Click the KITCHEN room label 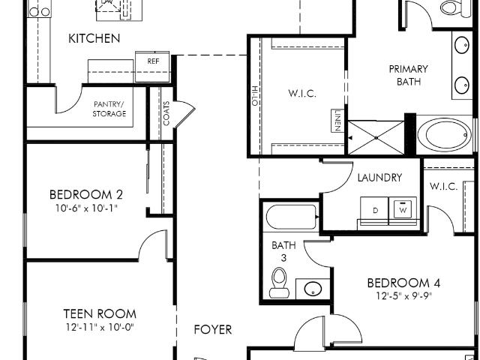(94, 38)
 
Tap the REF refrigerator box (152, 67)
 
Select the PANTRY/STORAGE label (109, 109)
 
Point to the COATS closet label (166, 113)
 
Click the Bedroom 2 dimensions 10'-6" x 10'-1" (86, 208)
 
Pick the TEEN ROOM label (100, 313)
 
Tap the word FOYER (213, 329)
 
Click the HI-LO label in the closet (255, 96)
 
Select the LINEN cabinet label (337, 121)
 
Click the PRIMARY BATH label (408, 75)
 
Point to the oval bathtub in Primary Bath (445, 135)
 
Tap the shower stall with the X (376, 138)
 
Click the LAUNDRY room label (379, 178)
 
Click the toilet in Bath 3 (279, 283)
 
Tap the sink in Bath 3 (313, 289)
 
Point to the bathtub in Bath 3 (292, 217)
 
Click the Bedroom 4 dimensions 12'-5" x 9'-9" (403, 296)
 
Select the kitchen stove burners (40, 12)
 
